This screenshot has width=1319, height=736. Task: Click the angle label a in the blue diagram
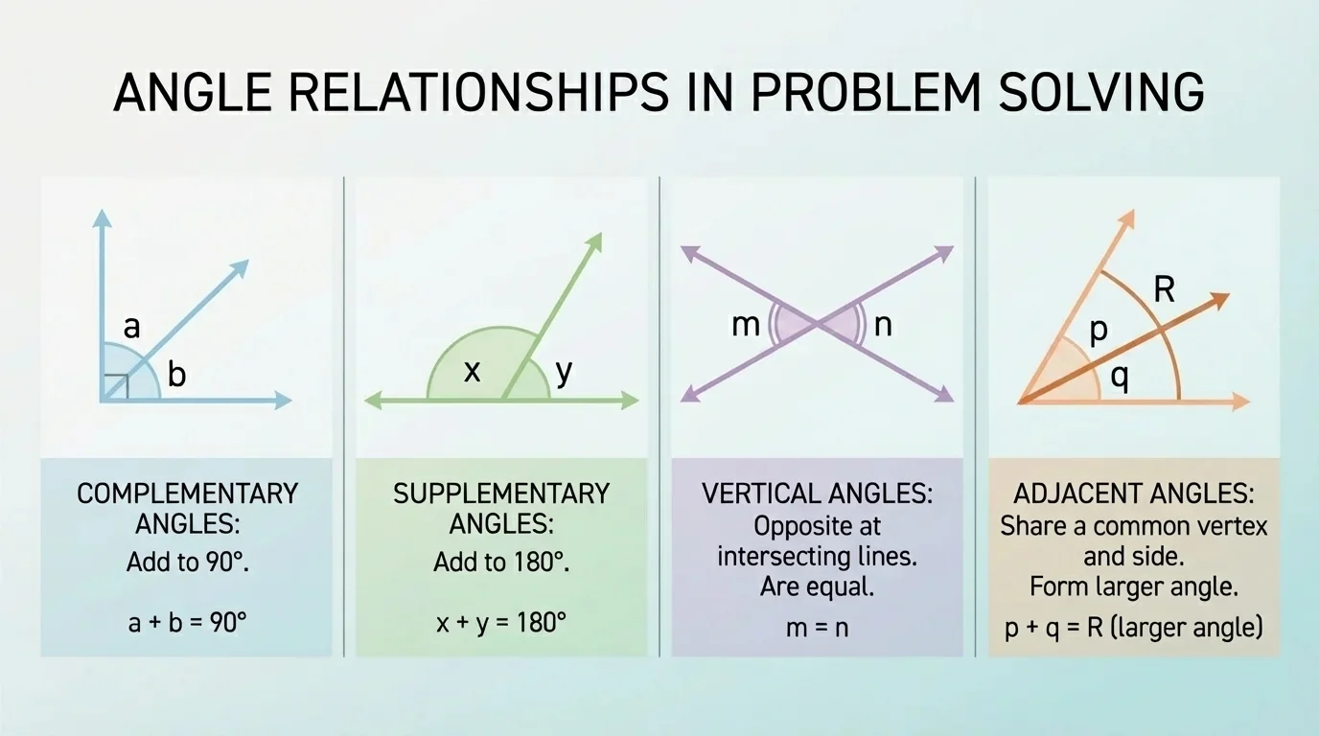coord(132,328)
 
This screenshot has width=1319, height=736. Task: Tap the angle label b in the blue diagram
coord(176,376)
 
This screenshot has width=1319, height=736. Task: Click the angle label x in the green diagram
coord(473,371)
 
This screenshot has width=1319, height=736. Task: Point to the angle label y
coord(564,371)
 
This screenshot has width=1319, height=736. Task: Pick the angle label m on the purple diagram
coord(745,325)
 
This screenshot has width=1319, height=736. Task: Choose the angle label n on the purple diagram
coord(883,325)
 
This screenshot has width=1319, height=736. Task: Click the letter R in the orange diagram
coord(1164,289)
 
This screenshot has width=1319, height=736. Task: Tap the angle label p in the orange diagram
coord(1099,330)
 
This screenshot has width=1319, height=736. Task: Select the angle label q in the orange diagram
coord(1119,379)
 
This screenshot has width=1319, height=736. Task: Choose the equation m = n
coord(817,628)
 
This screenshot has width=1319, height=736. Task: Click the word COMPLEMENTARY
coord(187,494)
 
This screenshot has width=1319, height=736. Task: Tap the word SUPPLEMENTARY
coord(501,494)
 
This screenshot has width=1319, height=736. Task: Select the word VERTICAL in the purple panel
coord(758,494)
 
